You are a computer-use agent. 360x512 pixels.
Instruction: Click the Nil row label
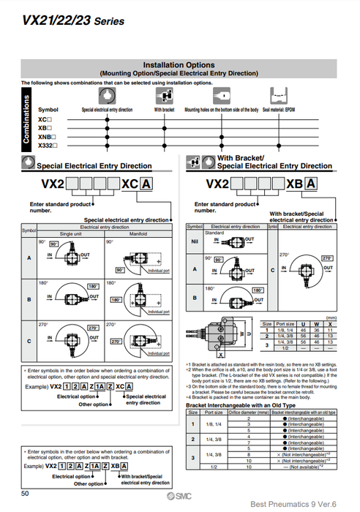click(193, 240)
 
